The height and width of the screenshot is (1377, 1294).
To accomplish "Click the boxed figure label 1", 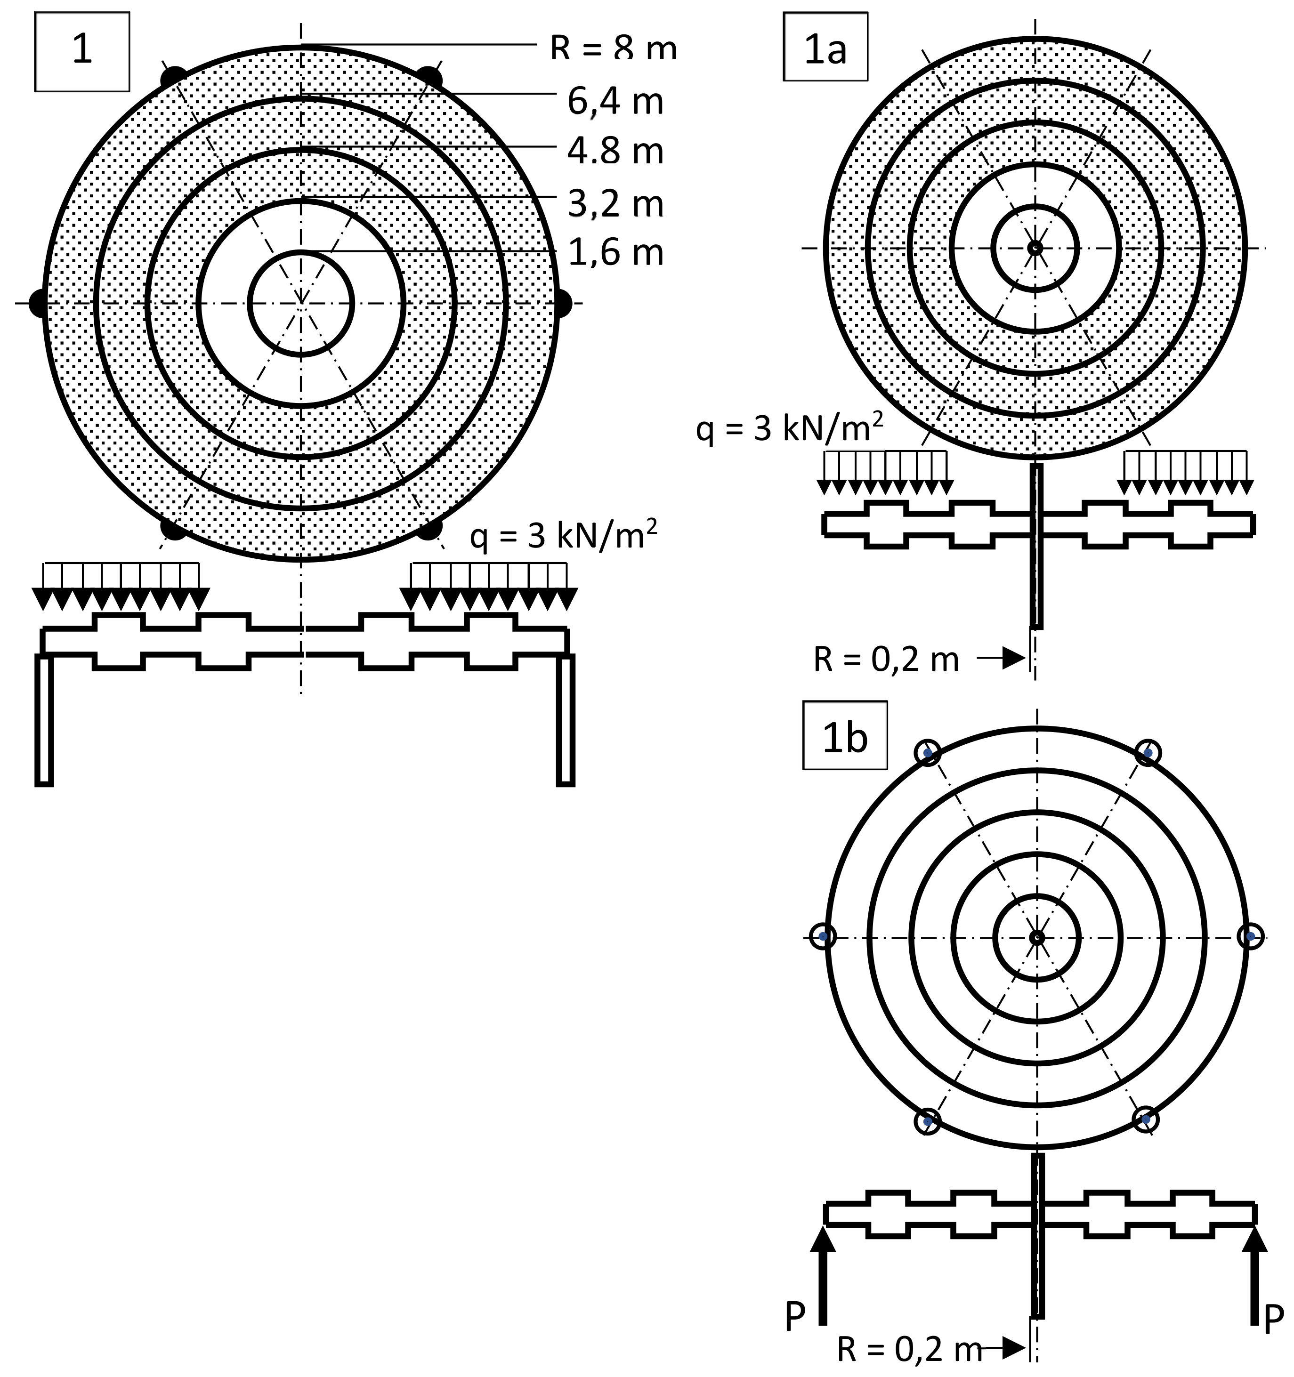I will coord(82,51).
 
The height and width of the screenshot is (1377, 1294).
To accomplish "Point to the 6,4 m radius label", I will coord(615,102).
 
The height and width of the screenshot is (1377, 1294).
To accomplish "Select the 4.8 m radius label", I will coord(615,151).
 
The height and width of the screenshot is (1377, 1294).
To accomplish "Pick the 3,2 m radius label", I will coord(615,204).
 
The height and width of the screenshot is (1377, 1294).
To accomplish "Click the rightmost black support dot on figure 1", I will coord(563,303).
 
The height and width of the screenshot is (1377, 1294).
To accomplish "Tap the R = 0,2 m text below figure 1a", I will coord(886,660).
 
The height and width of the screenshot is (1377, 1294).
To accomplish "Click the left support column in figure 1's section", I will coord(44,720).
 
